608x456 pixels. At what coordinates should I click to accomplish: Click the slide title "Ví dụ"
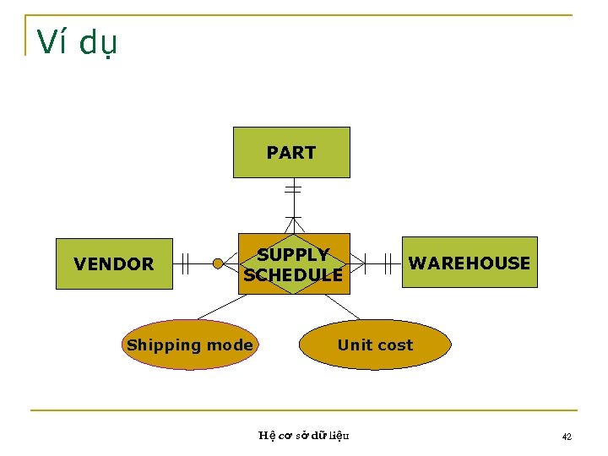[78, 42]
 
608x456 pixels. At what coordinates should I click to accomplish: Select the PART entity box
[291, 153]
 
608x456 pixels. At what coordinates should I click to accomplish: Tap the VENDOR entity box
[114, 264]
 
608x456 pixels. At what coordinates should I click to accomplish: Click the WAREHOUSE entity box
[469, 263]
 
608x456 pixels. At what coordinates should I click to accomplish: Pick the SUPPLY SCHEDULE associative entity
[293, 264]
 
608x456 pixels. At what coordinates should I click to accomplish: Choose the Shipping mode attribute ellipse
[188, 345]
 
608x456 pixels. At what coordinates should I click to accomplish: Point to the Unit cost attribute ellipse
[375, 345]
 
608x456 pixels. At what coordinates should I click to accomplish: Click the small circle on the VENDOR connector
[218, 264]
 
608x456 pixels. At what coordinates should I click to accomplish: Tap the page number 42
[567, 437]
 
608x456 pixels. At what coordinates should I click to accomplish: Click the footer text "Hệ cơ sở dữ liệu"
[303, 436]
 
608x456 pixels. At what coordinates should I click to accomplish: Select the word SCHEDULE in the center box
[293, 275]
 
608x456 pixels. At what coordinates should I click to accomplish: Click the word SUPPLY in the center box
[293, 254]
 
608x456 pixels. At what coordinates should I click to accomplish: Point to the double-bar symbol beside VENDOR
[186, 264]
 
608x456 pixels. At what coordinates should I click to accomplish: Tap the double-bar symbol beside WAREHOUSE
[388, 263]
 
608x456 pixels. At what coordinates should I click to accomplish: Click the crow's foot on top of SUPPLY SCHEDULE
[292, 224]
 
